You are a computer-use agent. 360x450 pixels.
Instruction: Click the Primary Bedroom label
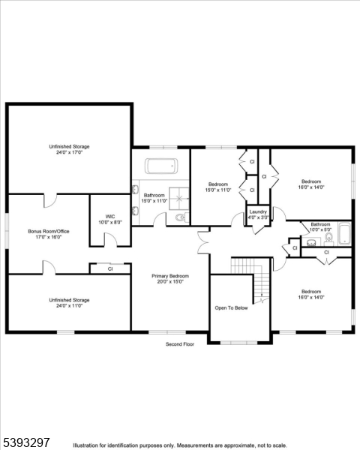click(170, 276)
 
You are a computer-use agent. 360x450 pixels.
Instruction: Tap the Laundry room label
click(258, 212)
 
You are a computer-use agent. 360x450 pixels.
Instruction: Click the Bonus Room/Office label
click(49, 232)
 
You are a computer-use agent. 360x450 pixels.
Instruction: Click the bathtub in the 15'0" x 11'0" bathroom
click(160, 166)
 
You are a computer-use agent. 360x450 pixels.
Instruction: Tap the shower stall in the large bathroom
click(180, 197)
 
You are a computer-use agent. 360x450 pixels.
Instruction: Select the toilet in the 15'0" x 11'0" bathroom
click(178, 217)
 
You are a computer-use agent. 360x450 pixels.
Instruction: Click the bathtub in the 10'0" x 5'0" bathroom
click(344, 235)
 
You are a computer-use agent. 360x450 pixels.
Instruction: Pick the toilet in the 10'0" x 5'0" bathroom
click(329, 239)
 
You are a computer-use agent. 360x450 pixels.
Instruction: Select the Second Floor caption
click(180, 344)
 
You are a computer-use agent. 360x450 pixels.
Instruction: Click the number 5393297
click(26, 442)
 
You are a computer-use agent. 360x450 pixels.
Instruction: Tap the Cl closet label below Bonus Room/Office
click(110, 268)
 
